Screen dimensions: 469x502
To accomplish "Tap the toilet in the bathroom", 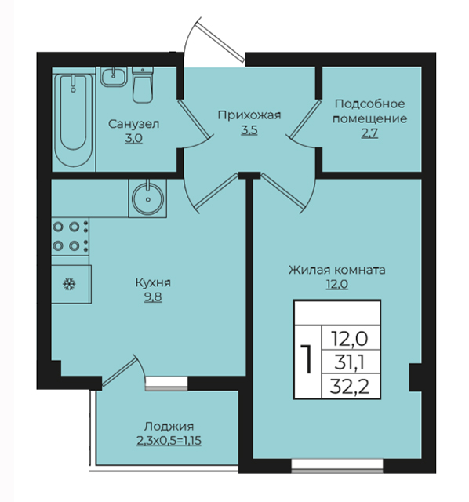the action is click(x=143, y=85).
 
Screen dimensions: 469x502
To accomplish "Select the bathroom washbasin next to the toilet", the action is click(x=114, y=77).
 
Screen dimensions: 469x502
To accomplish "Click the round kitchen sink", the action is click(x=147, y=198).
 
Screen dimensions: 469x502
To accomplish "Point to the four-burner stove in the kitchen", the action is click(x=71, y=237).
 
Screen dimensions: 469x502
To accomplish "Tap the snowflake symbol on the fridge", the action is click(x=69, y=284).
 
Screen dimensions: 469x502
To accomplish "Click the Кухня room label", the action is click(x=153, y=282).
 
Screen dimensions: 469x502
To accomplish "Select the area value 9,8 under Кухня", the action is click(x=153, y=297).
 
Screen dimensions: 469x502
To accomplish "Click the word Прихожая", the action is click(x=249, y=115).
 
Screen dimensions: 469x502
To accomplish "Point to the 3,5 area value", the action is click(x=249, y=130).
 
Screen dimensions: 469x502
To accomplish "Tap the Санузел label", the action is click(x=133, y=124).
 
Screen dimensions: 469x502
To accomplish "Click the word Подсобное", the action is click(x=369, y=104).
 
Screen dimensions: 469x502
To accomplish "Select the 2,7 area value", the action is click(x=369, y=133).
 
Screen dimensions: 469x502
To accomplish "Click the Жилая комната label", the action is click(x=336, y=270).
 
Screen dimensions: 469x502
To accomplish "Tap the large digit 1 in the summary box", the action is click(x=307, y=359).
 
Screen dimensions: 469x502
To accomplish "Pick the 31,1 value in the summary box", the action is click(x=349, y=363).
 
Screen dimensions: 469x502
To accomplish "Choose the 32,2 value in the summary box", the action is click(x=349, y=387).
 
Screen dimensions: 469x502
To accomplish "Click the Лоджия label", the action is click(x=169, y=427).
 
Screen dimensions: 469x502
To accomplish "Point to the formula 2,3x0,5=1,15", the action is click(x=169, y=441).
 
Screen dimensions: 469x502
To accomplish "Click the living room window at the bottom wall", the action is click(x=337, y=466).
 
